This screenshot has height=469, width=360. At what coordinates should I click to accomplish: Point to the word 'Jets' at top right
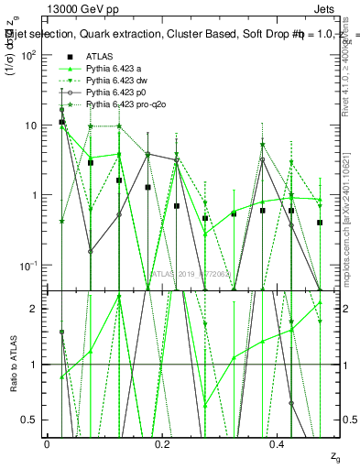[337, 8]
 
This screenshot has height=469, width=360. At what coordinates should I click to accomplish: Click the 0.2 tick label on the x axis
[162, 442]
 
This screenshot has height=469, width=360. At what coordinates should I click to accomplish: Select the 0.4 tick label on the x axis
[278, 442]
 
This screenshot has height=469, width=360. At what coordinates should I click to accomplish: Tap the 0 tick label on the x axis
[47, 442]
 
